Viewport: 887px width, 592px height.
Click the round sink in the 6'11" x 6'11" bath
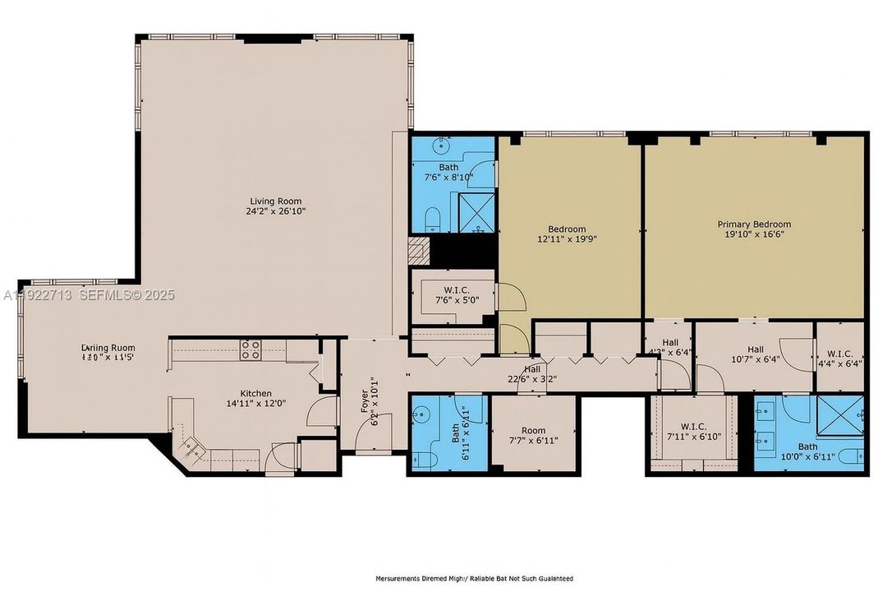(425, 412)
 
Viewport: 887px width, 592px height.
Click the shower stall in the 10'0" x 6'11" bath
(839, 416)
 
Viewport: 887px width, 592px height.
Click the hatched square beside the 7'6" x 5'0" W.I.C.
(420, 250)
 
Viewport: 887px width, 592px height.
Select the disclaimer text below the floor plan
(474, 579)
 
